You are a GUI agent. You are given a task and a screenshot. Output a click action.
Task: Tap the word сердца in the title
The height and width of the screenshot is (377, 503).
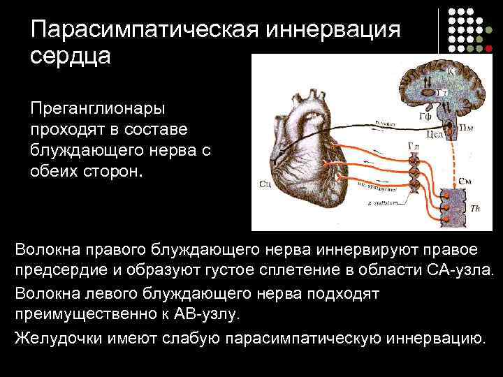coord(70,56)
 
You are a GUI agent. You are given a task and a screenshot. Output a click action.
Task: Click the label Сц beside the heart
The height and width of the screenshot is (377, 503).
coord(265,184)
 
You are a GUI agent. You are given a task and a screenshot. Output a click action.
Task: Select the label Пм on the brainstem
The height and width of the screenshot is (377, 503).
coord(467,127)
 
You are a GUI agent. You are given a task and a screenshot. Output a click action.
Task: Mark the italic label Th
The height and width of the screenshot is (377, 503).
coord(475,208)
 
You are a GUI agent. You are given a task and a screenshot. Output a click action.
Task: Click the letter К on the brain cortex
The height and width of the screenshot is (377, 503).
coord(451,71)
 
